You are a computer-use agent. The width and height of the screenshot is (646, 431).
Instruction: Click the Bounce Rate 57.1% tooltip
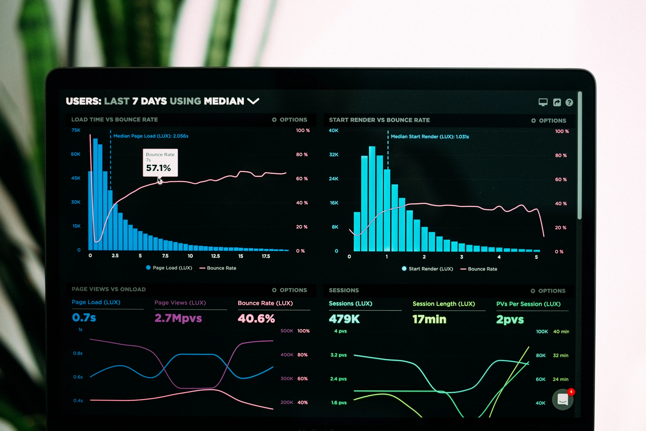tap(160, 162)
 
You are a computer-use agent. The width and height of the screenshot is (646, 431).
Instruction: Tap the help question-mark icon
tap(569, 103)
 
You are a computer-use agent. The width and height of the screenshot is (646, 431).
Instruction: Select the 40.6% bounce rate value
tap(256, 319)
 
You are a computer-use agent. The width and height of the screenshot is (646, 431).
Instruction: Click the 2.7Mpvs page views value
tap(178, 318)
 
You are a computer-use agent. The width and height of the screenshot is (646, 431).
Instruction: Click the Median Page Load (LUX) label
tap(151, 136)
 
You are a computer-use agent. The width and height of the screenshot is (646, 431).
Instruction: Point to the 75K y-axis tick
tap(76, 130)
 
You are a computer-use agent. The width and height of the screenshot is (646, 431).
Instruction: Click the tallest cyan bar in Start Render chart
tap(372, 198)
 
